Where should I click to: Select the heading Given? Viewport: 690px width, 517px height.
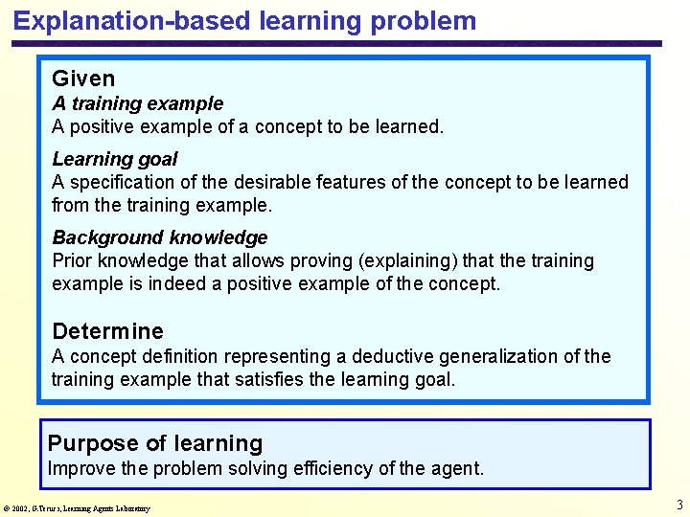[x=83, y=79]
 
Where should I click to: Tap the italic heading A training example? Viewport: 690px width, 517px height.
[x=137, y=103]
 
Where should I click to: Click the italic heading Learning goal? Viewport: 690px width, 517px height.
[x=115, y=159]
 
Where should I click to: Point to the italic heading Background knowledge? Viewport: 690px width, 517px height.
[x=159, y=237]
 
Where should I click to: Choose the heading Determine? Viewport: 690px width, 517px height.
[x=107, y=331]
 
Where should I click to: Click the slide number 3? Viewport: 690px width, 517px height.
[x=678, y=505]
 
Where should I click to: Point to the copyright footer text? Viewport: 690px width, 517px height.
[x=77, y=507]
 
